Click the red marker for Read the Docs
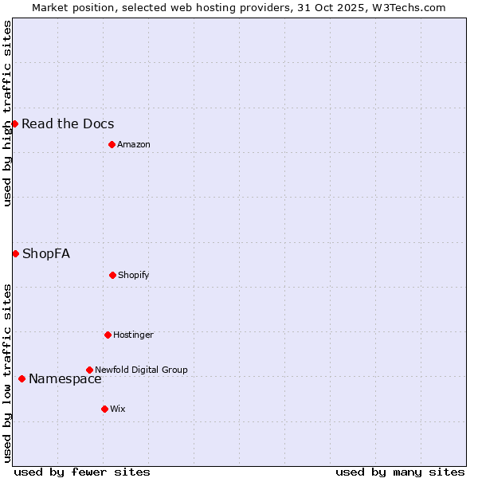(14, 123)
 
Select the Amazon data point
(112, 144)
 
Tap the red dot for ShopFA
(15, 253)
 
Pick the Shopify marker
(112, 275)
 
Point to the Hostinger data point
(108, 335)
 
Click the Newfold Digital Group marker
(89, 370)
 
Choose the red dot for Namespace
(22, 378)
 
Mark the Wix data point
(104, 409)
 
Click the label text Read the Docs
(68, 123)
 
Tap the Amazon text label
(134, 144)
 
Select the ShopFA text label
(46, 253)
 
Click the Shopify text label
(134, 275)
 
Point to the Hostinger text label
(133, 335)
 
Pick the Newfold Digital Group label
(141, 370)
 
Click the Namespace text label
(65, 378)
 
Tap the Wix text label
(118, 409)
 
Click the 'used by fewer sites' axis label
(82, 472)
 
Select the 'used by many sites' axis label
(400, 472)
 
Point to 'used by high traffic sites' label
(7, 113)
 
